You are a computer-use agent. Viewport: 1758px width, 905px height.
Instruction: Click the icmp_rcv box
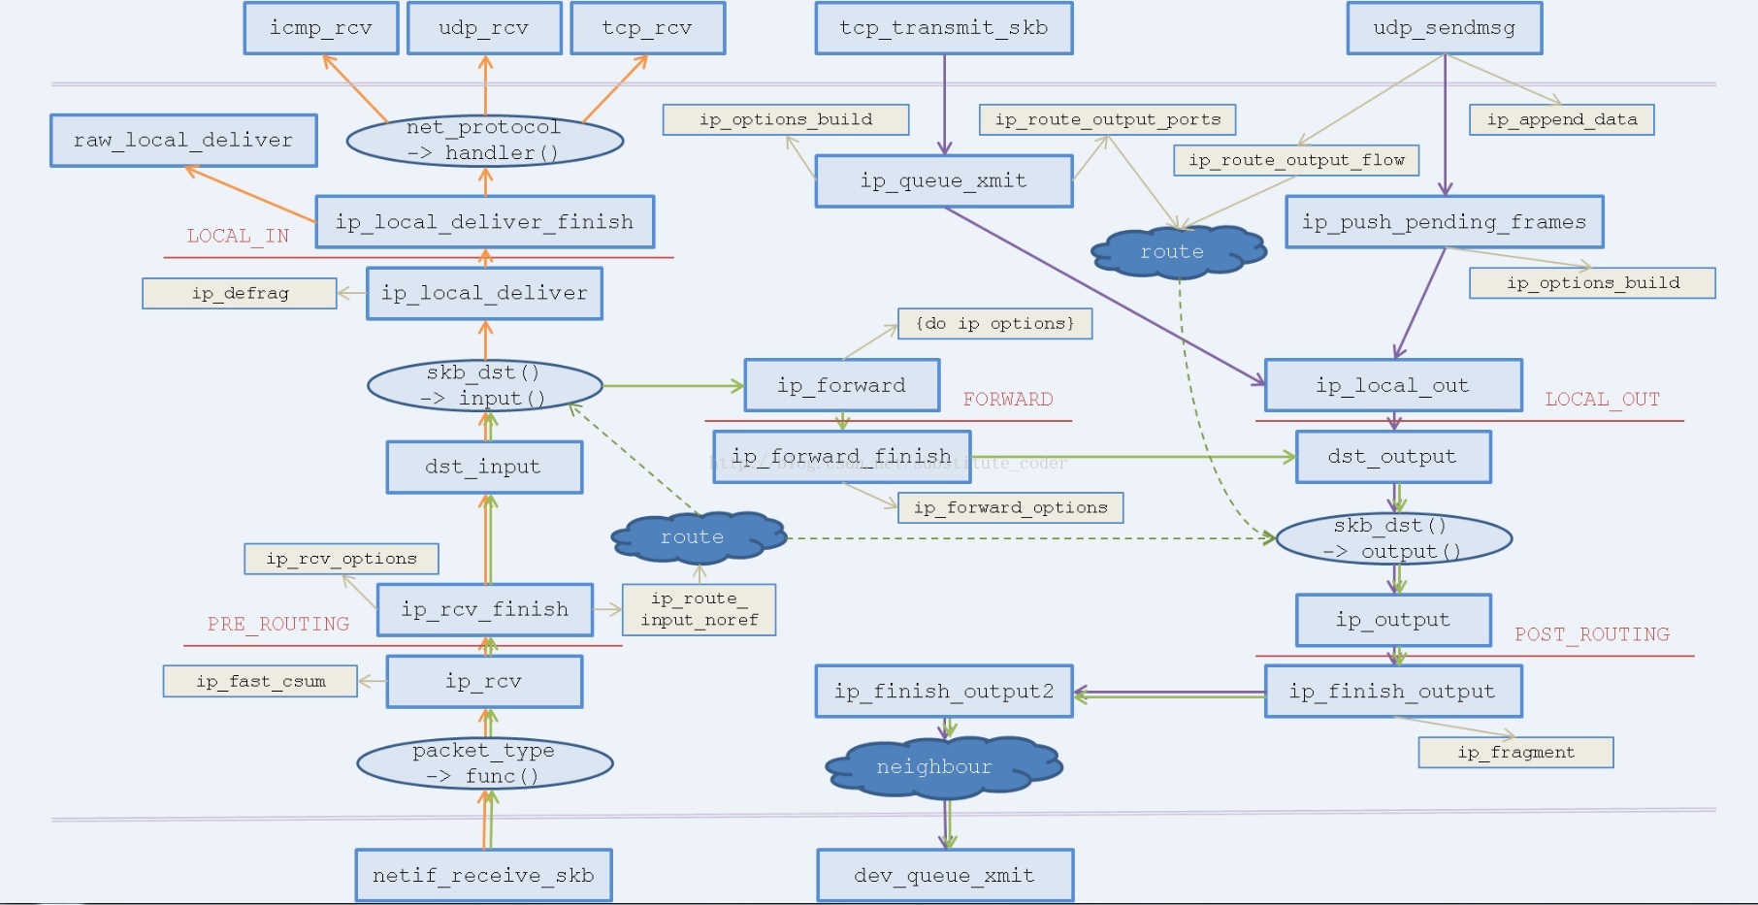pos(321,28)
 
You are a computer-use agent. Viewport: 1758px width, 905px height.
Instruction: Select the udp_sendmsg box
pos(1445,28)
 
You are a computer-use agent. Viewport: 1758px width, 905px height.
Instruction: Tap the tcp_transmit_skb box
pos(944,28)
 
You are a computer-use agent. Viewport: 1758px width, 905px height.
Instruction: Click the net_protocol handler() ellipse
pos(485,141)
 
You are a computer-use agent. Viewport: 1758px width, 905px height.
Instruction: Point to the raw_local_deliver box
pos(183,141)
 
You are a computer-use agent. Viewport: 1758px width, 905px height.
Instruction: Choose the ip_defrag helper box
pos(240,293)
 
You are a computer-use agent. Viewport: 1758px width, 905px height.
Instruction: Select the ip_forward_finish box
pos(842,457)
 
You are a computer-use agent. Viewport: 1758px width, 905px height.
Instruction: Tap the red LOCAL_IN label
pos(238,236)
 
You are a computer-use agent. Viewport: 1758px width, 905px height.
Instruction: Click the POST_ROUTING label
pos(1592,634)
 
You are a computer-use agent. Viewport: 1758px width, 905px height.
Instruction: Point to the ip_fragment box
pos(1515,752)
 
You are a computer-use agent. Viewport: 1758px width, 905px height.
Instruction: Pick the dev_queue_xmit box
pos(945,876)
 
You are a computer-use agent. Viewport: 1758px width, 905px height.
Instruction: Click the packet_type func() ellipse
pos(485,763)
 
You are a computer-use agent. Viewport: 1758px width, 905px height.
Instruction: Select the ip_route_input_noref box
pos(699,609)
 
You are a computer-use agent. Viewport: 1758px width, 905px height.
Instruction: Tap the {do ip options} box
pos(995,323)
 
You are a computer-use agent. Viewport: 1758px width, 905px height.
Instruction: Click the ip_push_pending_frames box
pos(1444,222)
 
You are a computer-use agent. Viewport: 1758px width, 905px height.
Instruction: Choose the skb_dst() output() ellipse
pos(1394,539)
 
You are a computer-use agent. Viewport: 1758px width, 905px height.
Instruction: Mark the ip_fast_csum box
pos(260,681)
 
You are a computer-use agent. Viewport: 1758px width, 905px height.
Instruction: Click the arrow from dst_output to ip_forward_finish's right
pos(1133,457)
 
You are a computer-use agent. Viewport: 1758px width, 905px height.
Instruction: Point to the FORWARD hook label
pos(1008,399)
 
